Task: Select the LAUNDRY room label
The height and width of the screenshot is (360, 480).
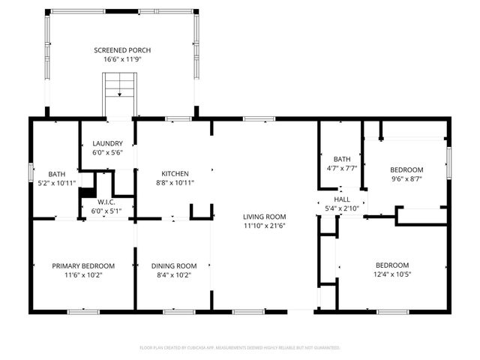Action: pyautogui.click(x=107, y=144)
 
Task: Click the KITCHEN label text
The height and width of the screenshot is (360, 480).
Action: pyautogui.click(x=174, y=173)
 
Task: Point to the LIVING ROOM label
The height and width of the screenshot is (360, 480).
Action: pyautogui.click(x=264, y=217)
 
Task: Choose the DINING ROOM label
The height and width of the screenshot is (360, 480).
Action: pyautogui.click(x=174, y=265)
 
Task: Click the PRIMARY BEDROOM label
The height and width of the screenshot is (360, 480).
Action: pyautogui.click(x=83, y=265)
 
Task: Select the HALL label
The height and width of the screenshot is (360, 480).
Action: pyautogui.click(x=342, y=199)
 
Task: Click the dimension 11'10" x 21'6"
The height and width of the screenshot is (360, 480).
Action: pyautogui.click(x=264, y=226)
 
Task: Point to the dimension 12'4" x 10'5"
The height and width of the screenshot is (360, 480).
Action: pyautogui.click(x=392, y=274)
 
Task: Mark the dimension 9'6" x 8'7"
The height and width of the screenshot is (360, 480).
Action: pyautogui.click(x=407, y=179)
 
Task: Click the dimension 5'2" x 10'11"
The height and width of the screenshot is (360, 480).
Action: pyautogui.click(x=57, y=182)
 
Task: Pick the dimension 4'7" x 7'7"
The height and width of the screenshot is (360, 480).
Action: pyautogui.click(x=342, y=168)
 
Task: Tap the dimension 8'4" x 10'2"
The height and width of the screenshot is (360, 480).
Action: pyautogui.click(x=174, y=274)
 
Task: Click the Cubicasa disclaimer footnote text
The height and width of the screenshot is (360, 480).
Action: pyautogui.click(x=240, y=347)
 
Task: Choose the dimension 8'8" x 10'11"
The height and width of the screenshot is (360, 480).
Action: pyautogui.click(x=174, y=182)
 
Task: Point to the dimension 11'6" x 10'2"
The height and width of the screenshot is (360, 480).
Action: pyautogui.click(x=83, y=274)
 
